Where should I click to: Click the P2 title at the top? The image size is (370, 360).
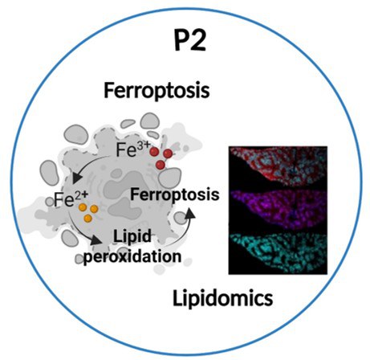tap(190, 41)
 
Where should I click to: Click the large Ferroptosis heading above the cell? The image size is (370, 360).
tap(157, 92)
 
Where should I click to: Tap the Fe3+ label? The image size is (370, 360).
tap(133, 149)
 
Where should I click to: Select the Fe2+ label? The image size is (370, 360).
tap(71, 199)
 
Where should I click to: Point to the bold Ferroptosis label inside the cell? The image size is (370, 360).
tap(175, 194)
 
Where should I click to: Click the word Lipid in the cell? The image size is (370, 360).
tap(132, 237)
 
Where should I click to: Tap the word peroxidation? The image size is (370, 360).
tap(132, 257)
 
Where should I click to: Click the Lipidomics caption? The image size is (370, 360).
tap(222, 298)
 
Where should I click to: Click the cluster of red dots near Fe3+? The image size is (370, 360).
tap(161, 158)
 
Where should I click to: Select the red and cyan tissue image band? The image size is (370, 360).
tap(279, 168)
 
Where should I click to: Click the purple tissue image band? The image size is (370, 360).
tap(279, 211)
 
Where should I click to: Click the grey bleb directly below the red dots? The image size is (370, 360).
tap(170, 178)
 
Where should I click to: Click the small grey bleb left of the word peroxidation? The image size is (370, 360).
tap(79, 259)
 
